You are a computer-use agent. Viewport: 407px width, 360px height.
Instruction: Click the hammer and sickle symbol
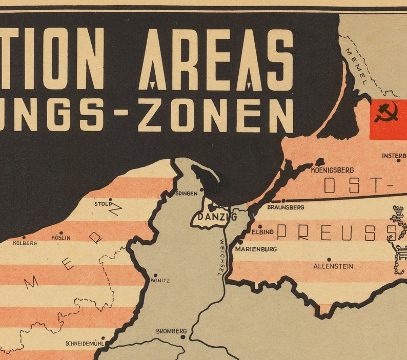coord(386,113)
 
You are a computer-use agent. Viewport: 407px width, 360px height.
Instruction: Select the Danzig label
coord(217,217)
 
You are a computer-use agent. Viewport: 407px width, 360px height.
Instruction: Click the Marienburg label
coord(256,249)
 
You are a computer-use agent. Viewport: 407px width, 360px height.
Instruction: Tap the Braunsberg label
coord(286,207)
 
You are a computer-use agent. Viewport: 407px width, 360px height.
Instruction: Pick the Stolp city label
coord(102,204)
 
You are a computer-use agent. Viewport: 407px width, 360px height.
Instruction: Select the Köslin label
coord(61,238)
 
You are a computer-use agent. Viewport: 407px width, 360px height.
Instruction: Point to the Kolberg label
coord(25,244)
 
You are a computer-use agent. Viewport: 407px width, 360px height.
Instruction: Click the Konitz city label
coord(160,281)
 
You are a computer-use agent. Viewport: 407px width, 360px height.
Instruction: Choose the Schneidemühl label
coord(85,344)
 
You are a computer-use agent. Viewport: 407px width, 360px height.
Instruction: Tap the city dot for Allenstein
coord(329,260)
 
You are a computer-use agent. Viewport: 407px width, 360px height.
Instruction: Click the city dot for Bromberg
coord(183,337)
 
